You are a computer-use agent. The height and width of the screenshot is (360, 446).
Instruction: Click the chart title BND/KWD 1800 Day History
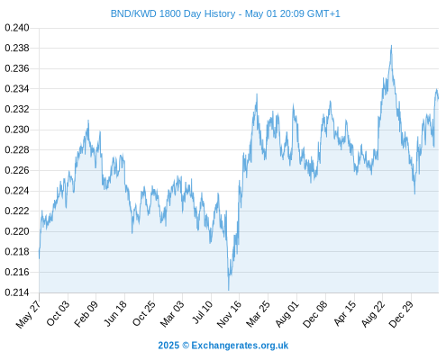point(173,13)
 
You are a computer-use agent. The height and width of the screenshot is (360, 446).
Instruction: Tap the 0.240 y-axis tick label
point(17,28)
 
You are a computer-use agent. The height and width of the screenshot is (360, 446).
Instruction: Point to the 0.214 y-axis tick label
point(17,292)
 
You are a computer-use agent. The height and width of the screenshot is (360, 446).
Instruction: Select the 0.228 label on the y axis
point(17,149)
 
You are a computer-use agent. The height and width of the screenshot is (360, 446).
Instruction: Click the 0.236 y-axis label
point(17,68)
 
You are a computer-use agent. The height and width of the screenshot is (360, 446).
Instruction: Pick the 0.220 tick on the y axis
point(17,231)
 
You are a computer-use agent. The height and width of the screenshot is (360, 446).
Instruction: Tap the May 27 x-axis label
point(29,314)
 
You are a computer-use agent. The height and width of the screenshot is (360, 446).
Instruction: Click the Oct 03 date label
point(58,313)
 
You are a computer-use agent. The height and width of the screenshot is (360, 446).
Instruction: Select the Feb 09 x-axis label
point(86,313)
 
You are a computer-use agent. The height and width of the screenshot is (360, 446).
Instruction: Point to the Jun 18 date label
point(114,313)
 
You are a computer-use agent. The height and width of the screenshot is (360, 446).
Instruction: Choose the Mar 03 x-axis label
point(172,313)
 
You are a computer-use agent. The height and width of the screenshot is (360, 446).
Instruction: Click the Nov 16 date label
point(229,314)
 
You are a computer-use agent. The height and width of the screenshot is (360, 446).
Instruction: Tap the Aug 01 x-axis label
point(287,313)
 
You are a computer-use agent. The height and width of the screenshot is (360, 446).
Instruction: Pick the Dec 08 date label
point(315,314)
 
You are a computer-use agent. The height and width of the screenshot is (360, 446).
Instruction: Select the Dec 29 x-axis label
point(401,314)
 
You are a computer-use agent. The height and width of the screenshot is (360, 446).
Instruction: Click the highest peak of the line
point(391,46)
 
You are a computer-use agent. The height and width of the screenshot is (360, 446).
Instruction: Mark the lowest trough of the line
point(229,290)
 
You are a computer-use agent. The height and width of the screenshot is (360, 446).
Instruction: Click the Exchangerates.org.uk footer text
point(240,346)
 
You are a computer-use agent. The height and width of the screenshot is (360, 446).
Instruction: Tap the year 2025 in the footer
point(168,346)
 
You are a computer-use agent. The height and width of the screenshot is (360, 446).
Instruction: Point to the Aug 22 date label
point(373,314)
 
